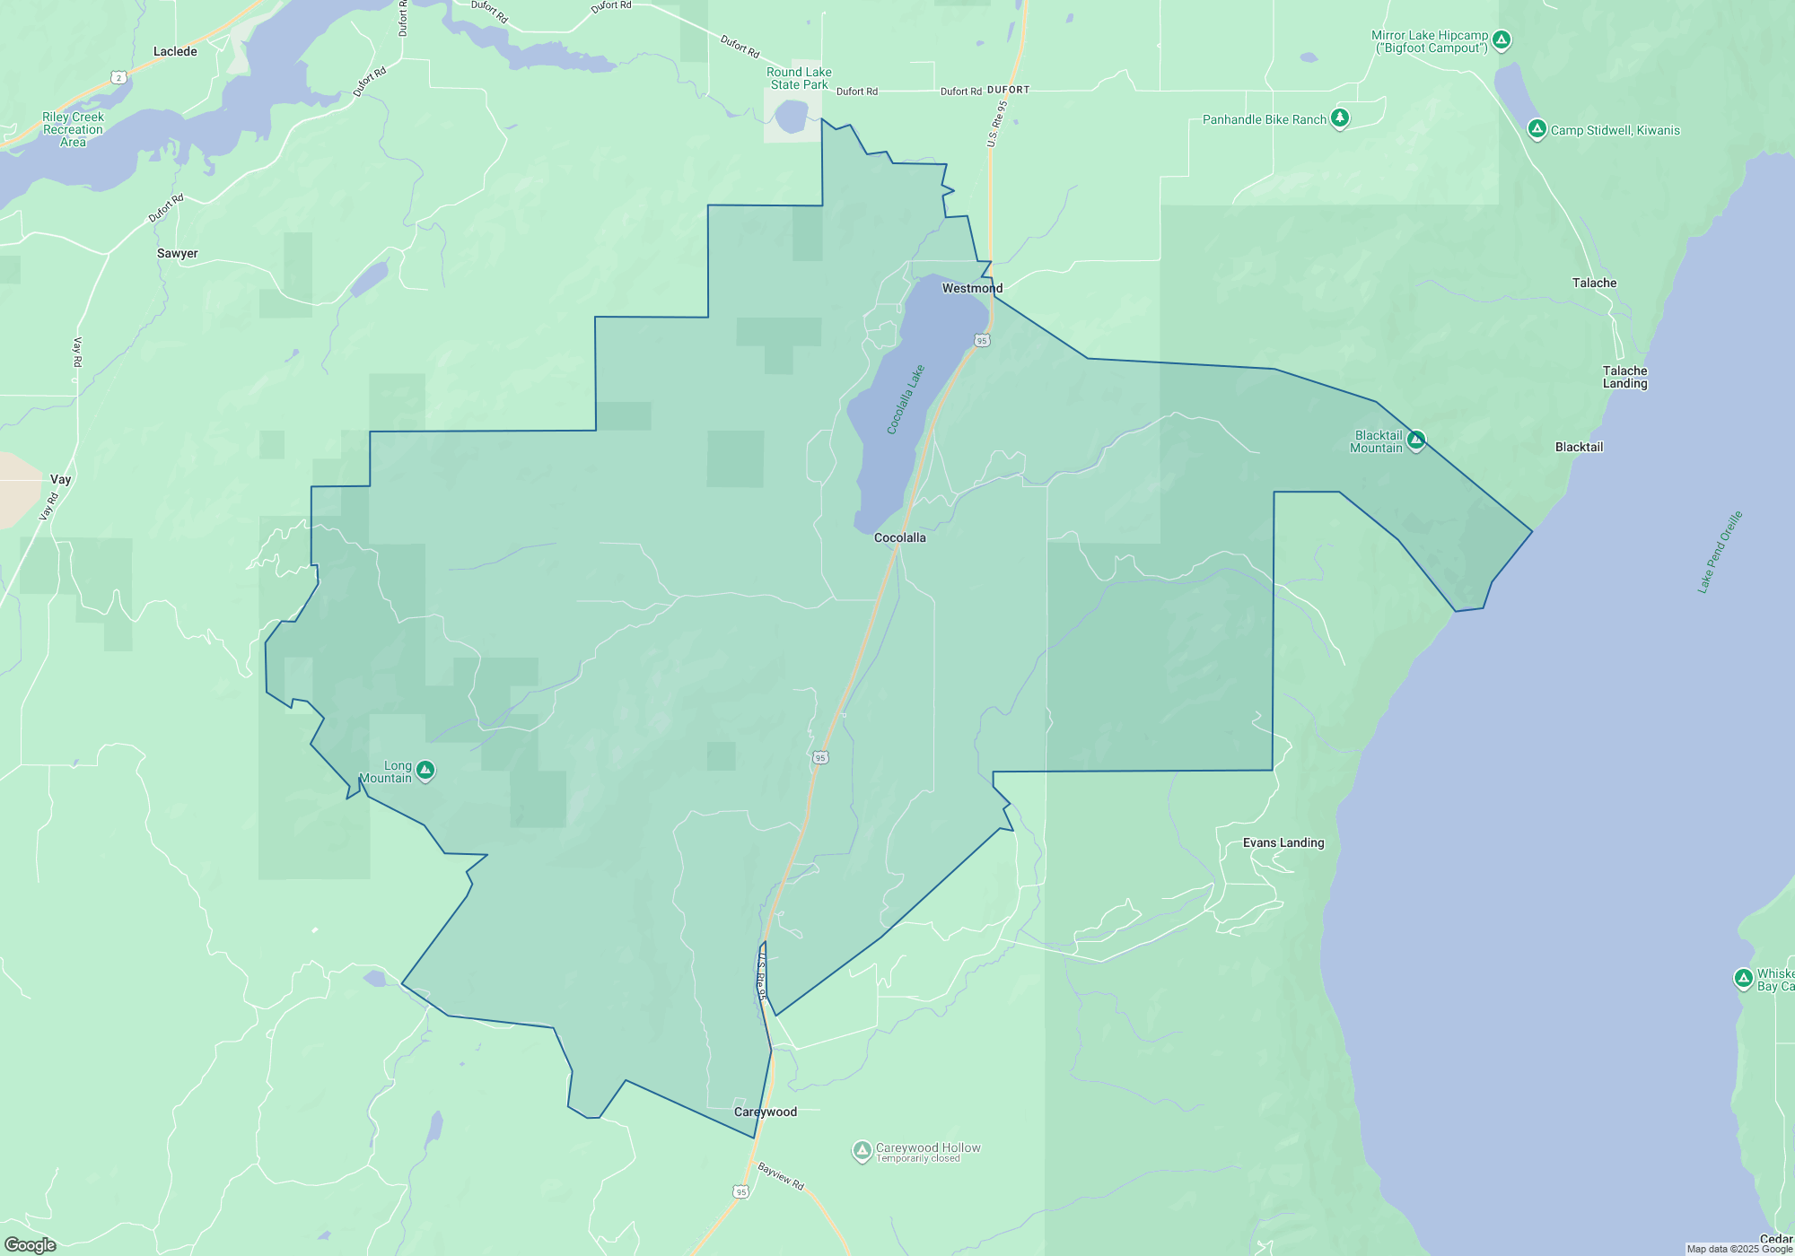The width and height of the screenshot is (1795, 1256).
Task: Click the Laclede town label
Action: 175,52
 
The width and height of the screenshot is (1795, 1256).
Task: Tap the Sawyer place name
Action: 178,254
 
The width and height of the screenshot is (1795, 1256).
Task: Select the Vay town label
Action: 60,479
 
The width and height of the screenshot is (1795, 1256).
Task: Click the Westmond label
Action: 972,288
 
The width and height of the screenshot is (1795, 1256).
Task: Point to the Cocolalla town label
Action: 899,537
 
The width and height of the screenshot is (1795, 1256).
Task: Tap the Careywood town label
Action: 766,1112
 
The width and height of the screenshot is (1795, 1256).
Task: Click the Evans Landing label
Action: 1283,842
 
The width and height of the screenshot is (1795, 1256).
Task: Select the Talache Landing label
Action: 1625,377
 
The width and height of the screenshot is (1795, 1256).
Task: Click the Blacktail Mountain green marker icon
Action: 1416,440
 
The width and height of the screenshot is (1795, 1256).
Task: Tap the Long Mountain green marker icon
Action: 425,770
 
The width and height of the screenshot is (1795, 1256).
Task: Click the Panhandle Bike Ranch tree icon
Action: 1340,118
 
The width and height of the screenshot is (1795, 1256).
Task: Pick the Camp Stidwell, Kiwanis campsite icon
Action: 1537,128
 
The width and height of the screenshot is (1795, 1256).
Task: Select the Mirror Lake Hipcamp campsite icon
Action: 1502,39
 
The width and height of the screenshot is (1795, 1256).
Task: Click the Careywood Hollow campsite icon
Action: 862,1150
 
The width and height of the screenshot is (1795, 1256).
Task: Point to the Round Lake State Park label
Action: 799,78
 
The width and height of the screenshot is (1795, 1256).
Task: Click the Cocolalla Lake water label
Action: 906,400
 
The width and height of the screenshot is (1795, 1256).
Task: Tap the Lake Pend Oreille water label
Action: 1720,552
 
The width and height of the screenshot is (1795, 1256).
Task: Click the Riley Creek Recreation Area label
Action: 73,129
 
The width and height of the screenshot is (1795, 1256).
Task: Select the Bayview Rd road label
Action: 781,1175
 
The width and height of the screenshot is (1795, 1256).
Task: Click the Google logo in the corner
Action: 31,1244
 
